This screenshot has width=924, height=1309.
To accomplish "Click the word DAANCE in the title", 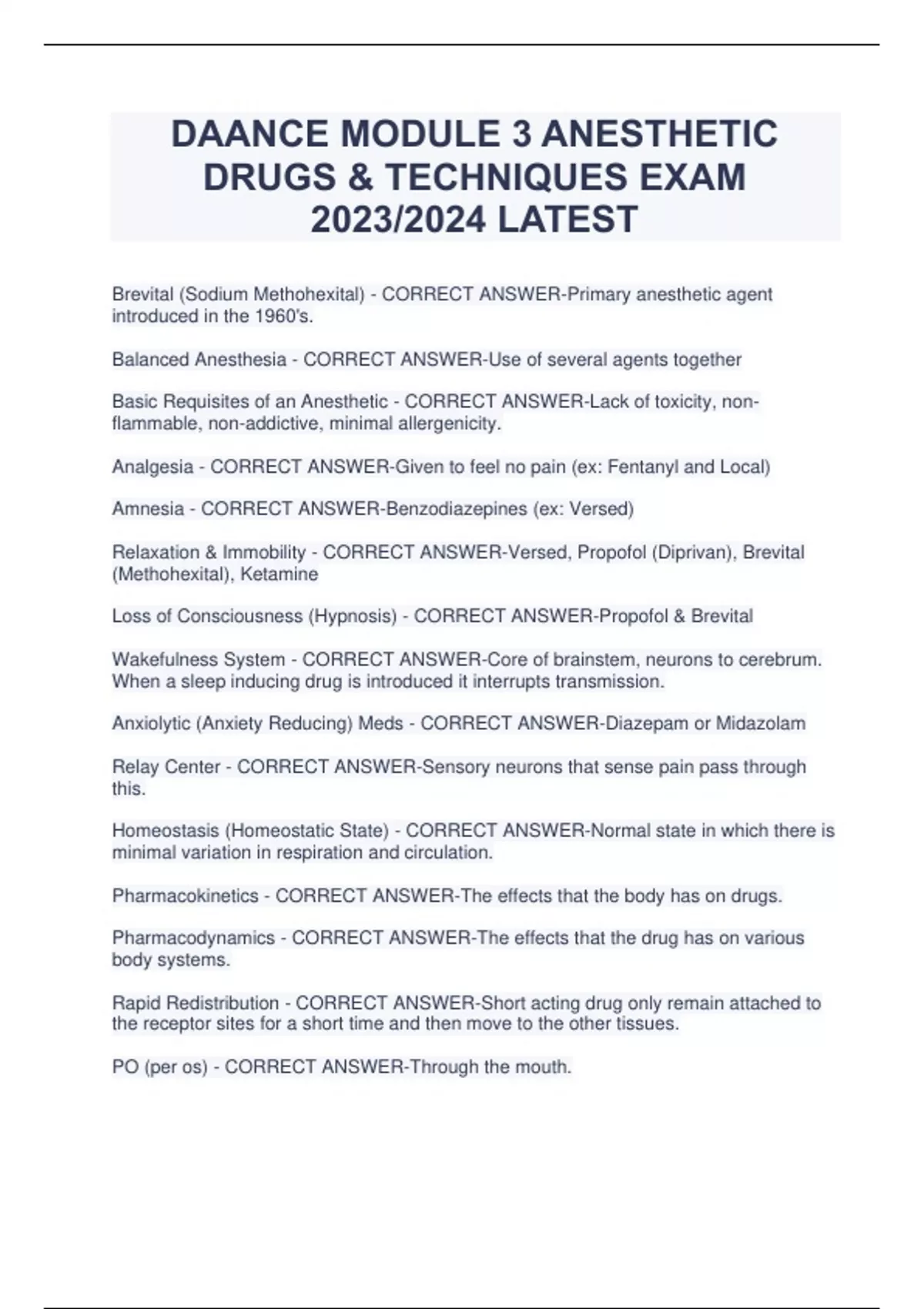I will coord(249,134).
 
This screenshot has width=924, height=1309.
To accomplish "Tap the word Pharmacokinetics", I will coord(185,896).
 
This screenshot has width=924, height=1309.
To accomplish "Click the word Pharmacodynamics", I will coord(193,938).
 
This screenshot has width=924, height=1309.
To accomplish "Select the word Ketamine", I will coord(280,574).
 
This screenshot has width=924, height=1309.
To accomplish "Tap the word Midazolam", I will coord(761,723).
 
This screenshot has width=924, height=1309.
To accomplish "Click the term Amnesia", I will coord(148,509).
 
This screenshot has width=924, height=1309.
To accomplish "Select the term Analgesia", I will coord(152,467).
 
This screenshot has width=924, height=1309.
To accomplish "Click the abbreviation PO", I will coord(125,1066).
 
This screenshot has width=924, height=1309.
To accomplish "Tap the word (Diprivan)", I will coord(691,552).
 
